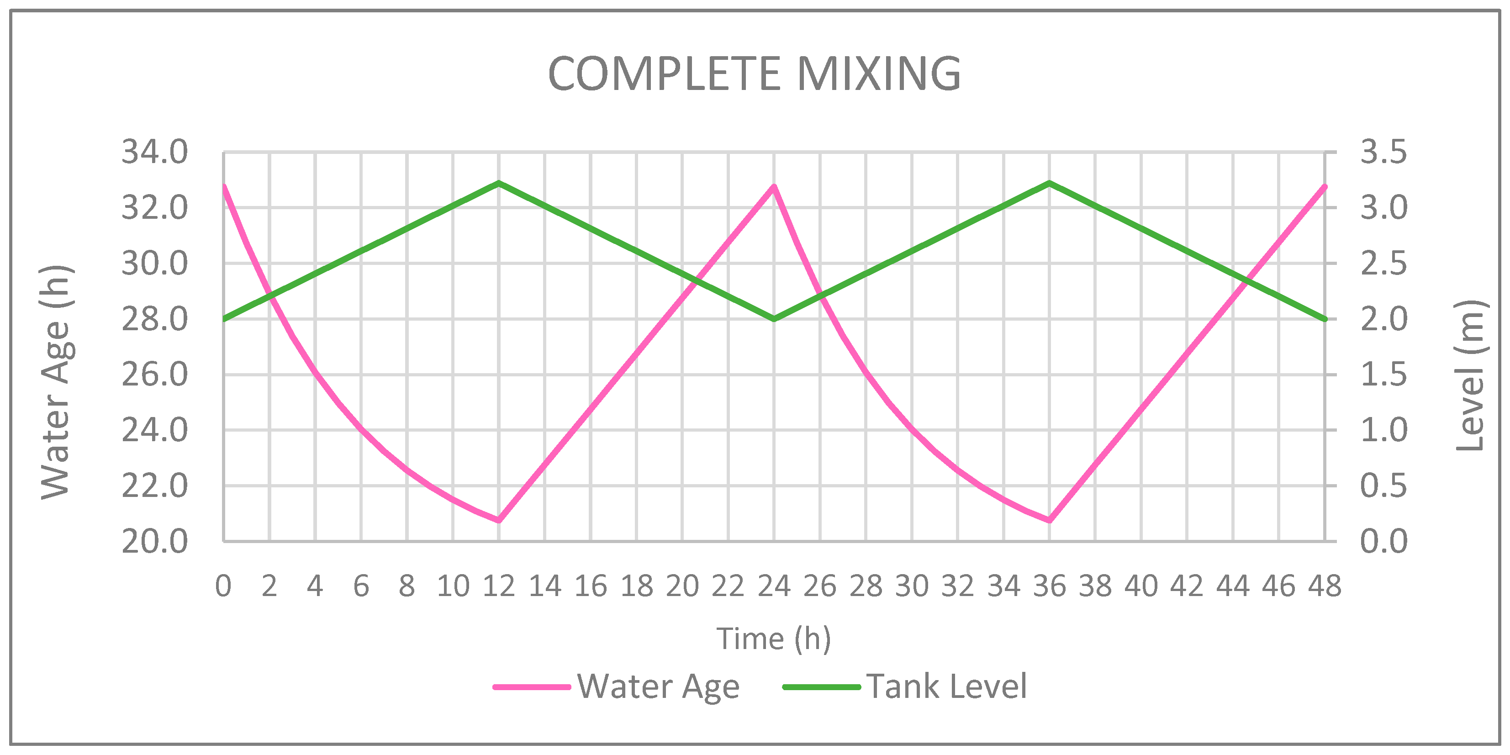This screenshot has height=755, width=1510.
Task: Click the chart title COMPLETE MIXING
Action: pos(755,74)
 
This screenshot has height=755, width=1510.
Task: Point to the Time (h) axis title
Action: pos(774,639)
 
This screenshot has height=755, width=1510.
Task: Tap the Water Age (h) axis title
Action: pos(57,382)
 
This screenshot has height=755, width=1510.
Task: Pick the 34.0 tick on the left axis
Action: pos(155,153)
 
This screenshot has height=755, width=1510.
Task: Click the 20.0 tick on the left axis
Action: pos(155,542)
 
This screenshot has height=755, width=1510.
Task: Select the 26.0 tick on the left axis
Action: pos(155,375)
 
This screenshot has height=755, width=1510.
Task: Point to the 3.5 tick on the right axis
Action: pos(1383,153)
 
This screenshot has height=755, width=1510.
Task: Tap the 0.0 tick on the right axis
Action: pos(1383,542)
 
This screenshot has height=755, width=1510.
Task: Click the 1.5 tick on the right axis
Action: pos(1383,375)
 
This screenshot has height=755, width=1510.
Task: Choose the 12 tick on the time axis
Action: pos(499,586)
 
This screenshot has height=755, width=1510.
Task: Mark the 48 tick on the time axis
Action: pos(1325,586)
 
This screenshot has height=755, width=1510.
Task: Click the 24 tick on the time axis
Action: pos(774,586)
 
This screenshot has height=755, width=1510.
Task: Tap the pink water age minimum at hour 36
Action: pos(1049,520)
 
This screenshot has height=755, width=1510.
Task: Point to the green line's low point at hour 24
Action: pos(774,319)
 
